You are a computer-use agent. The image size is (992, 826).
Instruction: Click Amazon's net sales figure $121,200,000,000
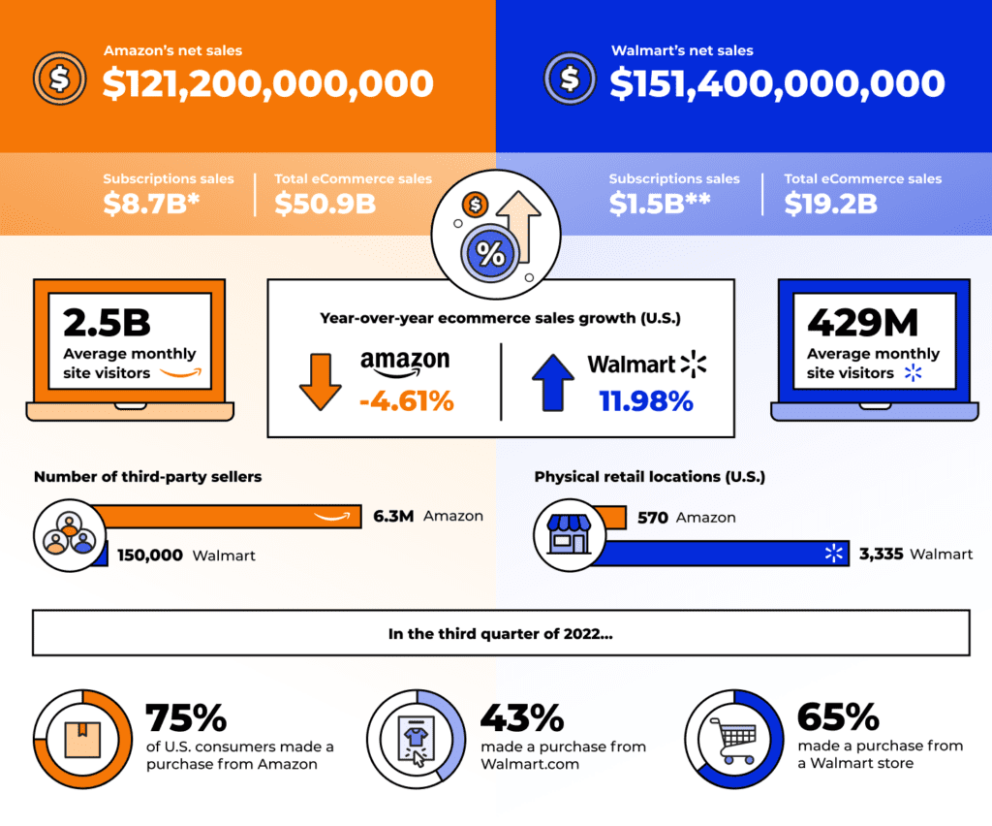point(268,83)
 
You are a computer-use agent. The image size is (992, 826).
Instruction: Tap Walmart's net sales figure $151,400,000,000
point(777,83)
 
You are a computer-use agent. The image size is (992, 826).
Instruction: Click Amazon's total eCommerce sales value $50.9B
point(325,204)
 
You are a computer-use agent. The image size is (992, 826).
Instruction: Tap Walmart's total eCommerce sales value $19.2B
point(831,204)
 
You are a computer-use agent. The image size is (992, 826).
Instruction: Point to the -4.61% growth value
point(406,399)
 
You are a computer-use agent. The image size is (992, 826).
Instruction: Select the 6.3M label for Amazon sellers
point(393,517)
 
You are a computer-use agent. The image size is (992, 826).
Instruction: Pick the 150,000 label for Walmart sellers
point(150,556)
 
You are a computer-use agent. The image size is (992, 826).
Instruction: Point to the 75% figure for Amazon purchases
point(186,718)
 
